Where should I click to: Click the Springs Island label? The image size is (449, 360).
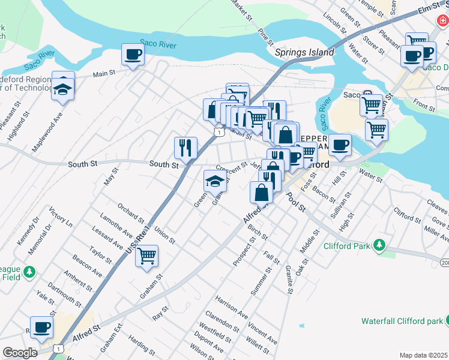[304, 53]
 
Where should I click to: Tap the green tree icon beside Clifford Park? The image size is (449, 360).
[379, 245]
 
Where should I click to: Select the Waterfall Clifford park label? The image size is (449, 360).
[401, 321]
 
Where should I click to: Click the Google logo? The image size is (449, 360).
[20, 353]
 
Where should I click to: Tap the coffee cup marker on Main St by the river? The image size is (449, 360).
[133, 55]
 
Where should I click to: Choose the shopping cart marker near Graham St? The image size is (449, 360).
[146, 256]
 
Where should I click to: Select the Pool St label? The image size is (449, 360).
[295, 203]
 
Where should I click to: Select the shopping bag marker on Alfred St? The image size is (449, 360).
[262, 193]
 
